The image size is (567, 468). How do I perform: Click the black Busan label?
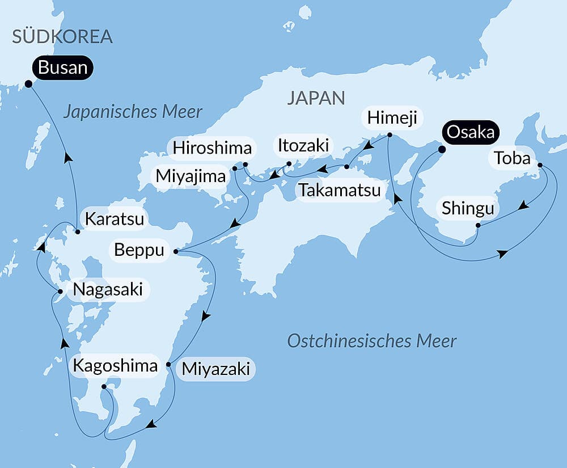(x=62, y=68)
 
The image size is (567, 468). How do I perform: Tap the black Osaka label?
(x=472, y=132)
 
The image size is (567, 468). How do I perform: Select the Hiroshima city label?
(x=212, y=149)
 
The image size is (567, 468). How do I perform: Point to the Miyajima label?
(x=191, y=176)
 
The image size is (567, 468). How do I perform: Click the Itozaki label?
(x=303, y=145)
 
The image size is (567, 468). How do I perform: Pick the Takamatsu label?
(x=340, y=189)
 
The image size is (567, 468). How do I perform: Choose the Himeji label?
(x=392, y=118)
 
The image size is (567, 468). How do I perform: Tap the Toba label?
(x=512, y=158)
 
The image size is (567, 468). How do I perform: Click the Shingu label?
(x=468, y=209)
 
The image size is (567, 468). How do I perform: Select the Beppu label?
(x=139, y=250)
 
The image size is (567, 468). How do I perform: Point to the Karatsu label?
(x=114, y=218)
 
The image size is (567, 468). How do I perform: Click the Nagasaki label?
(x=107, y=289)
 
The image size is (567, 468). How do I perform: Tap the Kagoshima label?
(x=115, y=366)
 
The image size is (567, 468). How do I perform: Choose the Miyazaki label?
(x=215, y=369)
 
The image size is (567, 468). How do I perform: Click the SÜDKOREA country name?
(x=62, y=37)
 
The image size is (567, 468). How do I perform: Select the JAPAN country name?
(x=316, y=98)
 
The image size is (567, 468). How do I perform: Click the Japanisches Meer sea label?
(x=133, y=111)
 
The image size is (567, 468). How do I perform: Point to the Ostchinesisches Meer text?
(x=371, y=341)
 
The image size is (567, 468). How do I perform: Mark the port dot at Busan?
(x=28, y=84)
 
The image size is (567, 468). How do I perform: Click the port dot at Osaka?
(x=442, y=149)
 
